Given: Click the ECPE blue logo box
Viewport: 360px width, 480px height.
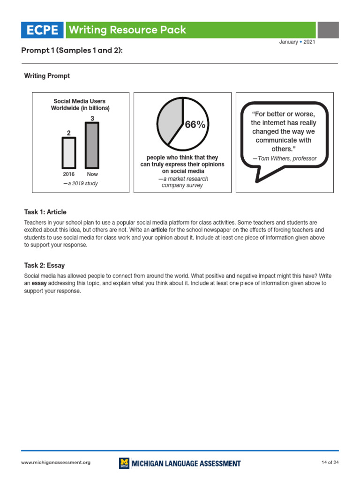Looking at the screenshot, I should (x=42, y=30).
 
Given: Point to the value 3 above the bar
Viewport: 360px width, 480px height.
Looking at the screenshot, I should (x=92, y=119).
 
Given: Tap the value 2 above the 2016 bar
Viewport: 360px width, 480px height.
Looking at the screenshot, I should (x=69, y=133).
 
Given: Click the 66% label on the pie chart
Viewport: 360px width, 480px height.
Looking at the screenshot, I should (x=195, y=125).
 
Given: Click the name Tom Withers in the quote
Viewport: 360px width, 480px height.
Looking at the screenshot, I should (x=275, y=158).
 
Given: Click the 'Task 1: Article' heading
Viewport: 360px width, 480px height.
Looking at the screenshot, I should (x=45, y=212).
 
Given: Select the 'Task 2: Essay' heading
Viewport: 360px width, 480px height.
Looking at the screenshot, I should (x=45, y=265).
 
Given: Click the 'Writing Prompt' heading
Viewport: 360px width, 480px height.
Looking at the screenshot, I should (x=47, y=76).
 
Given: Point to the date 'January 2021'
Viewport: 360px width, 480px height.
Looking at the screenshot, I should (x=297, y=42).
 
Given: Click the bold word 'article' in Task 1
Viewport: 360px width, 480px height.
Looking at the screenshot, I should (x=159, y=230).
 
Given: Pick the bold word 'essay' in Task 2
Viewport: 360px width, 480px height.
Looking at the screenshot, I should (x=39, y=284).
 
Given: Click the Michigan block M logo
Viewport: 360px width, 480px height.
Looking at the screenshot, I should (x=124, y=463).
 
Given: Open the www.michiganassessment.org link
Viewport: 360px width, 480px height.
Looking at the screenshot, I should (x=56, y=463).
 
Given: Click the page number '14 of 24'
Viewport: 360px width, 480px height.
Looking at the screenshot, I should (x=330, y=463).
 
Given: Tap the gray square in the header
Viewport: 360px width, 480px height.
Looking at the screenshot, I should (x=328, y=30).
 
